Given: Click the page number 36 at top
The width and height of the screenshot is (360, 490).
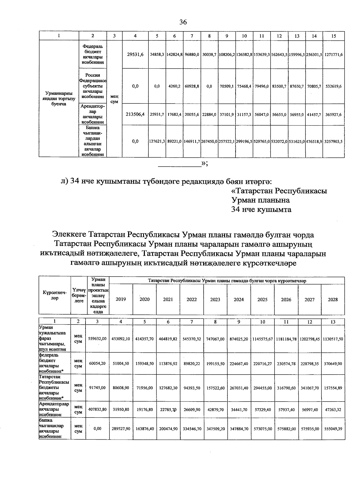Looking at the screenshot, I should click(x=183, y=22).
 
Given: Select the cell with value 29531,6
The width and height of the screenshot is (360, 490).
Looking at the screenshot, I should click(x=135, y=54).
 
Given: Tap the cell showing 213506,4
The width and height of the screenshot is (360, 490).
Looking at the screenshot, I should click(x=135, y=114).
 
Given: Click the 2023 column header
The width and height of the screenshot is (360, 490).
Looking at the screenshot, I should click(x=215, y=299).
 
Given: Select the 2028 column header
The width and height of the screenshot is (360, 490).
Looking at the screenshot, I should click(x=333, y=299).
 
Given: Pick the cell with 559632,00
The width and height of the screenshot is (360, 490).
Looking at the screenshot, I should click(x=97, y=339).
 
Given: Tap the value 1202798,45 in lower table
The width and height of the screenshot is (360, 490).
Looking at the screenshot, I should click(x=309, y=339).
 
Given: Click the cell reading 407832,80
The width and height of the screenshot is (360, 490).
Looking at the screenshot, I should click(x=97, y=409).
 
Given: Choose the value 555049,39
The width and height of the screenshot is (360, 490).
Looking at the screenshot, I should click(x=333, y=429).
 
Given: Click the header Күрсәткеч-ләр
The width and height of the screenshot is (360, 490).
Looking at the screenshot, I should click(x=55, y=296).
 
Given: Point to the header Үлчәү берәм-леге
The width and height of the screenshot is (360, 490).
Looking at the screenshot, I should click(x=79, y=295).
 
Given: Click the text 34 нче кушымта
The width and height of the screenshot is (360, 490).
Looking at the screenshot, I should click(x=261, y=209).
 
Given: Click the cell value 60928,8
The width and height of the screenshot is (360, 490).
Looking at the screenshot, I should click(x=192, y=86).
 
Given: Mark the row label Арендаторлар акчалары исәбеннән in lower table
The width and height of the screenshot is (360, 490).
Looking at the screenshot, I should click(x=54, y=409).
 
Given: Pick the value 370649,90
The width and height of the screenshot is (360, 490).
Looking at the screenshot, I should click(x=333, y=364).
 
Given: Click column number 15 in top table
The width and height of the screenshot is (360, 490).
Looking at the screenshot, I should click(x=333, y=36).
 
